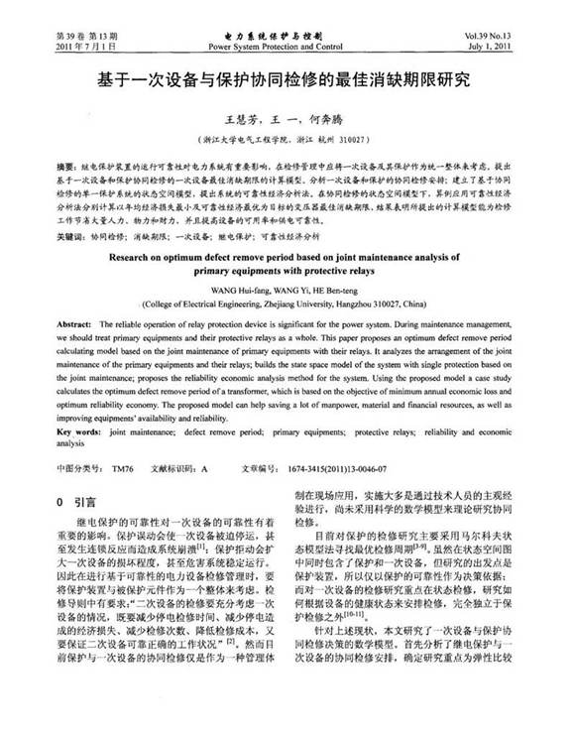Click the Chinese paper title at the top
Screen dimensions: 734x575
tap(287, 77)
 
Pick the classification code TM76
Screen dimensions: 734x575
tap(123, 469)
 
